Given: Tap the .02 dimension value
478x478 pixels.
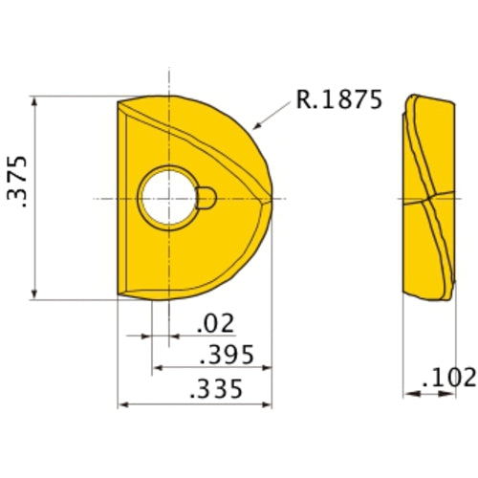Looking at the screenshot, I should pyautogui.click(x=214, y=323).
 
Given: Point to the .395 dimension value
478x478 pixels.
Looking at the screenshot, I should pyautogui.click(x=227, y=356).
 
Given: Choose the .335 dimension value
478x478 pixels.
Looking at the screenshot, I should pyautogui.click(x=216, y=390).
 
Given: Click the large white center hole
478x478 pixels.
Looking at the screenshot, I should pyautogui.click(x=166, y=199).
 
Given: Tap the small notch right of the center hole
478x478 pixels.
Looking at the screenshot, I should pyautogui.click(x=206, y=198).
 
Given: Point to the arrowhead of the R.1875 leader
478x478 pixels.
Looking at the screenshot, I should pyautogui.click(x=253, y=127).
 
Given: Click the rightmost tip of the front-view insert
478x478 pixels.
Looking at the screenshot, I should pyautogui.click(x=276, y=198).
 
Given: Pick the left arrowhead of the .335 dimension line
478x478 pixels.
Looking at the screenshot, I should pyautogui.click(x=121, y=404).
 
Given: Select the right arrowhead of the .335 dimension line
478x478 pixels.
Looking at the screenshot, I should pyautogui.click(x=271, y=404).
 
